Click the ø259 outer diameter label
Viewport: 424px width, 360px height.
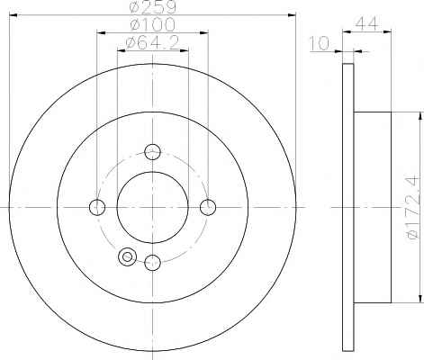pyautogui.click(x=152, y=7)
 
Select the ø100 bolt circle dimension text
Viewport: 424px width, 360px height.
pyautogui.click(x=152, y=24)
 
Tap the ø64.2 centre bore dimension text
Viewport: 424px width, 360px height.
pyautogui.click(x=152, y=42)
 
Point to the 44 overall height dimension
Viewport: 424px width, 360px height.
pyautogui.click(x=366, y=24)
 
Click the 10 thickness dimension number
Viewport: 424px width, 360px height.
pyautogui.click(x=319, y=43)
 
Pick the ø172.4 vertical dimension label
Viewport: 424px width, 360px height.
pyautogui.click(x=411, y=208)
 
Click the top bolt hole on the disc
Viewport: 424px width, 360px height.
pyautogui.click(x=152, y=152)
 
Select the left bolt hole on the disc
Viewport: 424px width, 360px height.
pyautogui.click(x=97, y=207)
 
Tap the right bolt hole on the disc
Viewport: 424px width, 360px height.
pyautogui.click(x=208, y=207)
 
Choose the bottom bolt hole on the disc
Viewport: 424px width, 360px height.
pyautogui.click(x=152, y=263)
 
